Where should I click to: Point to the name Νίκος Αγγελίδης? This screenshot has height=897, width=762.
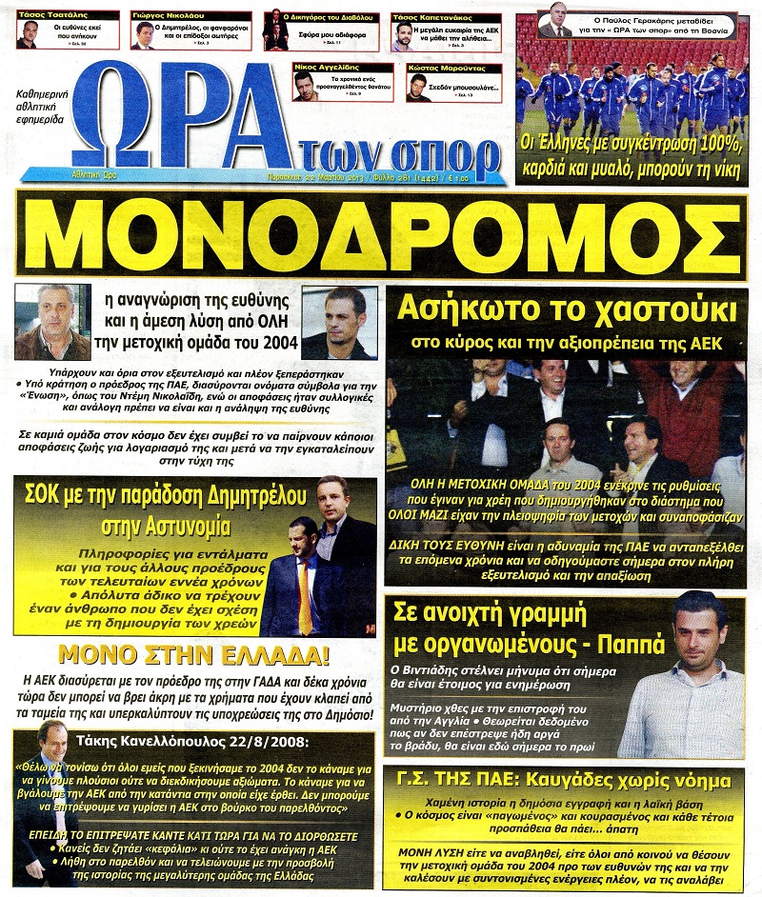pos(345,70)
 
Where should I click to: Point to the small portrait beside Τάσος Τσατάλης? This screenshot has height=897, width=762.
pos(28,34)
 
